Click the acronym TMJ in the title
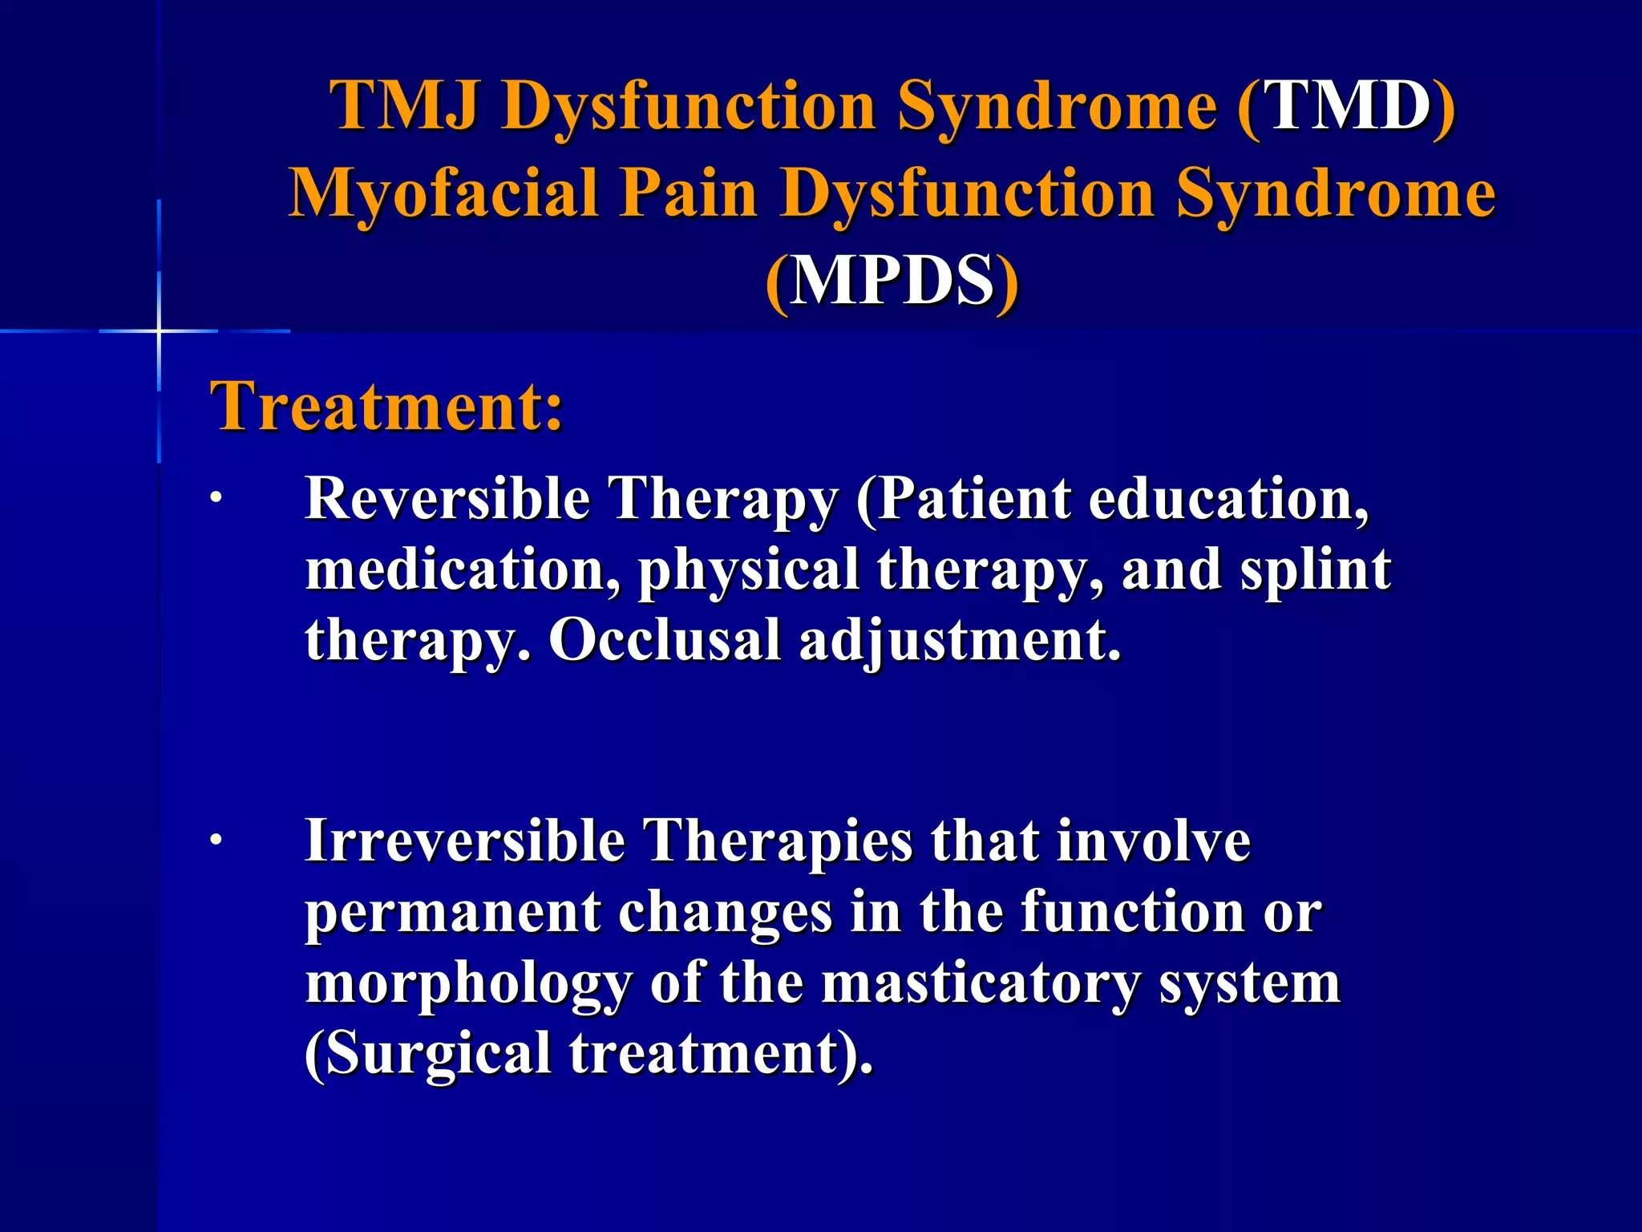coord(404,106)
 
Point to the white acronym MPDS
coord(892,281)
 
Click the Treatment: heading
coord(386,406)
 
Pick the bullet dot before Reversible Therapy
coord(215,500)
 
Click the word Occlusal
coord(665,640)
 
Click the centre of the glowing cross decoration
coord(159,330)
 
